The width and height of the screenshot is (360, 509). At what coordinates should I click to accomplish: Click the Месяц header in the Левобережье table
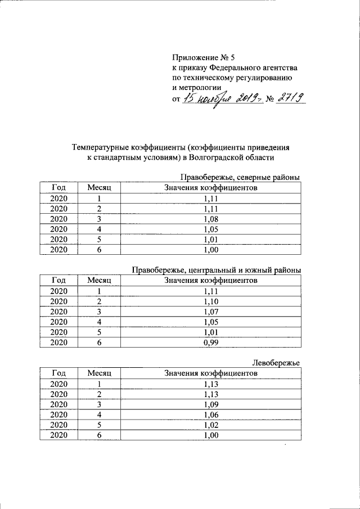99,373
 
